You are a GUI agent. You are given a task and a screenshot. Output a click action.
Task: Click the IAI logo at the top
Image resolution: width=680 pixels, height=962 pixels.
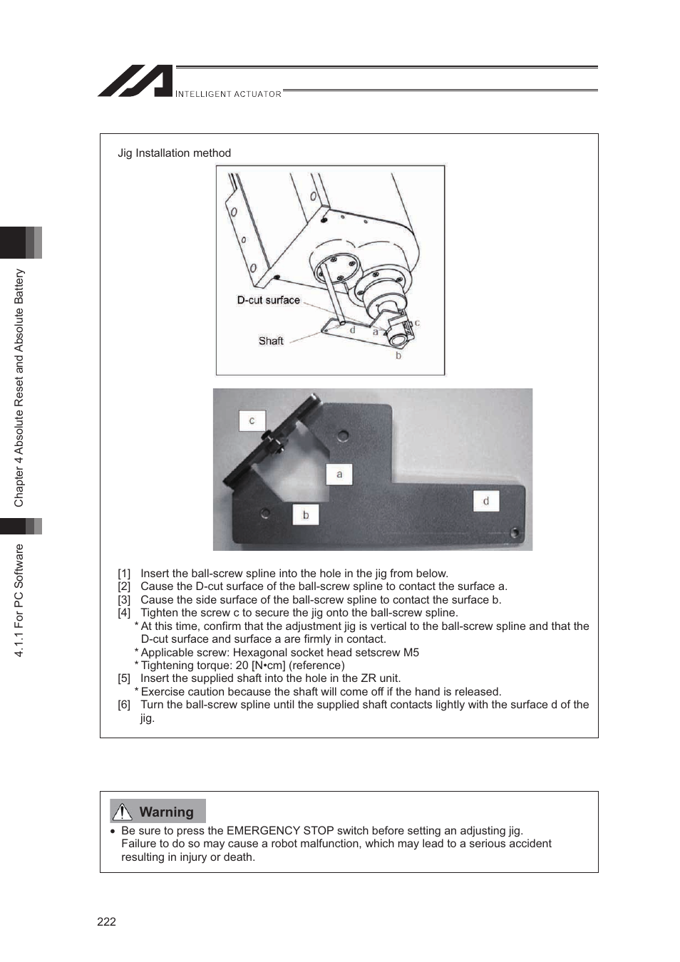coord(136,81)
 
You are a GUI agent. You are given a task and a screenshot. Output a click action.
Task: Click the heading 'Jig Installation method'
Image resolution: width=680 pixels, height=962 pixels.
coord(174,153)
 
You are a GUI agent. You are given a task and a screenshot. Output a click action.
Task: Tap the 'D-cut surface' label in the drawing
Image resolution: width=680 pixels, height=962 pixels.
coord(268,301)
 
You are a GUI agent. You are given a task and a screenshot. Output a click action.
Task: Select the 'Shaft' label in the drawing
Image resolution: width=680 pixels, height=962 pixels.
coord(271,341)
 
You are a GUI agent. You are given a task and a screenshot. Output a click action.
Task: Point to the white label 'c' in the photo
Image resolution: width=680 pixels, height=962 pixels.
coord(252,421)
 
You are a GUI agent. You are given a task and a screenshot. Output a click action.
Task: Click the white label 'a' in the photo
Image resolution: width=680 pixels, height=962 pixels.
coord(339,475)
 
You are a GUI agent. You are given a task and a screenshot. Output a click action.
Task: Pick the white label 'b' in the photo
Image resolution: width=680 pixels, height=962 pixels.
coord(306,514)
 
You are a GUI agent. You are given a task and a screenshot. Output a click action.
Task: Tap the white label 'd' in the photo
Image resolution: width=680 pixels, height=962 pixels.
coord(486,501)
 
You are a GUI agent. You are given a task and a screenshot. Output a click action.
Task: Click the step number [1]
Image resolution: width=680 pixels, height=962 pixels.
coord(124,574)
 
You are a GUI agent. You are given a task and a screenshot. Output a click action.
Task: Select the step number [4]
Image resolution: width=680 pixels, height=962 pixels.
coord(124,613)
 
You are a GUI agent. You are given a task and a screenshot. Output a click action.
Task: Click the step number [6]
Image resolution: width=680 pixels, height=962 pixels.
coord(124,705)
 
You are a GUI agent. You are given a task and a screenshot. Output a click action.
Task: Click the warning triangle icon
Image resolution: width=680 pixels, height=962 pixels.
coord(123,812)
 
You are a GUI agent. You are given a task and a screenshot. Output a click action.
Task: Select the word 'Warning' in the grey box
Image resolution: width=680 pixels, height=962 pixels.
coord(166,812)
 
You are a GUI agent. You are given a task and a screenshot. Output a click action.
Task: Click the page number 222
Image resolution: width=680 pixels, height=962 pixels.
coord(106,921)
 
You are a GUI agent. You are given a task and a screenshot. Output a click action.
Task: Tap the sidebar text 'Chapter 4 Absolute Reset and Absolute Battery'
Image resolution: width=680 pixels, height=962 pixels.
coord(19,388)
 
